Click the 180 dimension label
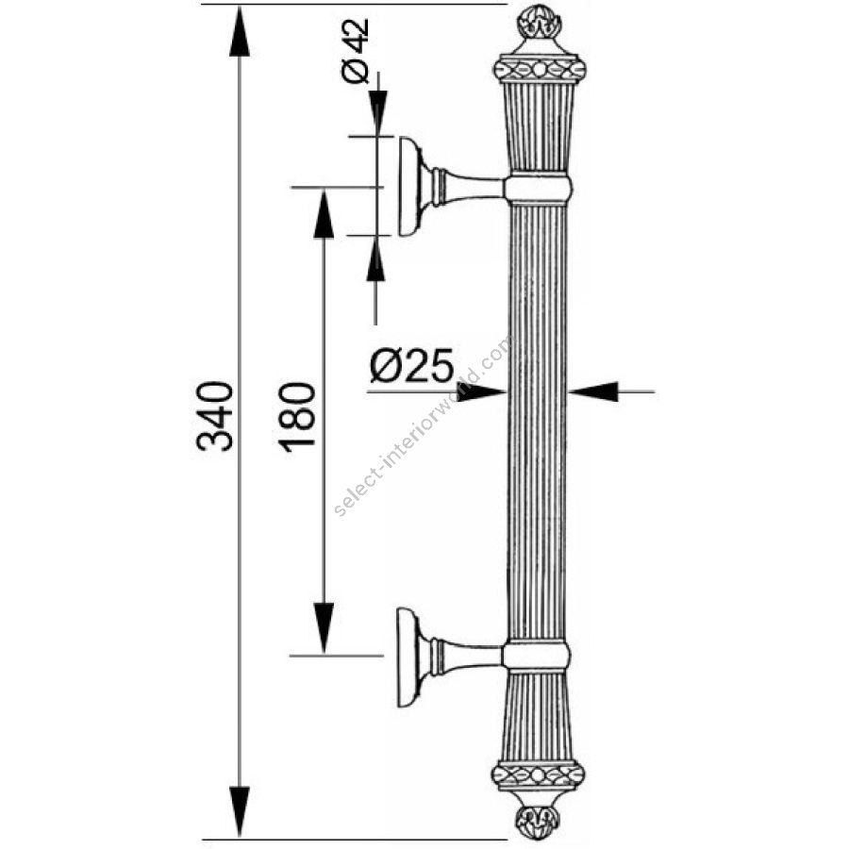tap(296, 416)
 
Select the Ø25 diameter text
tap(411, 366)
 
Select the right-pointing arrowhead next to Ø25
tap(485, 391)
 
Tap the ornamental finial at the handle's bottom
tap(537, 819)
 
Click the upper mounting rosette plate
tap(412, 186)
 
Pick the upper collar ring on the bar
tap(537, 188)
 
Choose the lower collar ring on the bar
tap(537, 656)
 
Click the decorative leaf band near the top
tap(537, 70)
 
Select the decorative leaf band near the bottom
tap(537, 775)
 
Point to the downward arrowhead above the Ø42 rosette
tap(376, 114)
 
